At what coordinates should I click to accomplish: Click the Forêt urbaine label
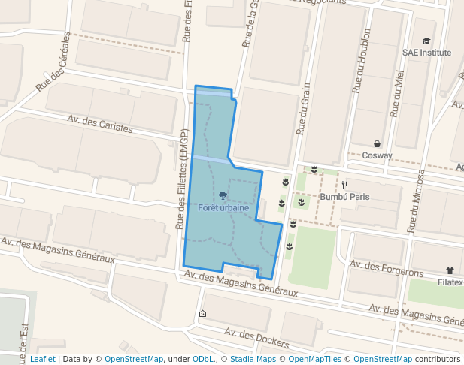[x=223, y=207]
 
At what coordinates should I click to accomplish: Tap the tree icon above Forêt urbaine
[x=223, y=195]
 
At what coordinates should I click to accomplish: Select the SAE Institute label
[x=427, y=53]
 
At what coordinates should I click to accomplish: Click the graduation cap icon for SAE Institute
[x=427, y=41]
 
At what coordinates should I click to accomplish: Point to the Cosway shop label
[x=377, y=155]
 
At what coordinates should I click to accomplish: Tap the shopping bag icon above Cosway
[x=377, y=143]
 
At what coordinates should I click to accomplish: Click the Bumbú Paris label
[x=344, y=197]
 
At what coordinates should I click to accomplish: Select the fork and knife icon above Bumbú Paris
[x=344, y=185]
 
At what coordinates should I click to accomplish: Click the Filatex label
[x=450, y=283]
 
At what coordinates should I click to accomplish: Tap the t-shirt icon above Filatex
[x=450, y=271]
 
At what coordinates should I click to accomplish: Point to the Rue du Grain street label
[x=304, y=110]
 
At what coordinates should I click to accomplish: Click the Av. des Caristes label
[x=99, y=124]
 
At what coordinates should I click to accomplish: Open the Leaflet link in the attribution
[x=42, y=359]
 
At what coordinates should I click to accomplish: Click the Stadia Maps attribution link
[x=253, y=359]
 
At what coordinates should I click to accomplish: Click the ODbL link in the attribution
[x=204, y=359]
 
